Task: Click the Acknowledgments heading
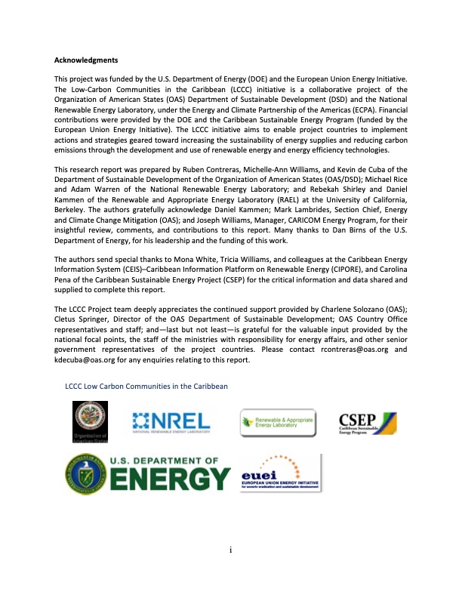tap(86, 59)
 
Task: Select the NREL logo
tap(172, 422)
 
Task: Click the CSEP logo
tap(367, 422)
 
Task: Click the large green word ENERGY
tap(171, 479)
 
